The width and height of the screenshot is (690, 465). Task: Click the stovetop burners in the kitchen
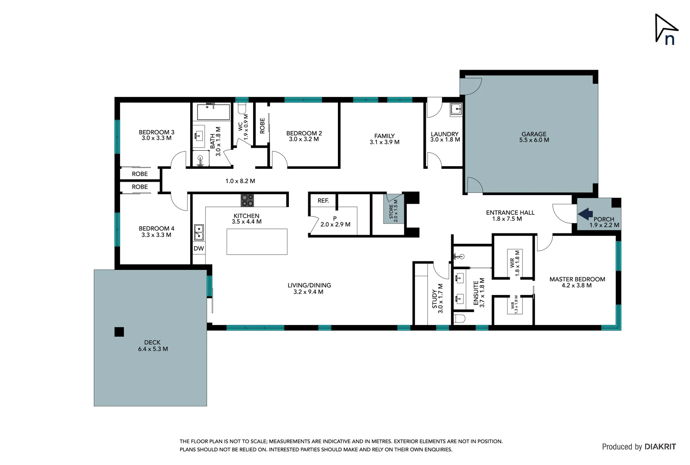tap(247, 200)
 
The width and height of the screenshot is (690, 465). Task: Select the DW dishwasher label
tap(198, 248)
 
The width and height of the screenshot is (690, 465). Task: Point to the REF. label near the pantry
tap(323, 201)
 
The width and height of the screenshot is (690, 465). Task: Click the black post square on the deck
tap(119, 332)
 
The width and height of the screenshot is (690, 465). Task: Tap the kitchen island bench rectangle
tap(257, 242)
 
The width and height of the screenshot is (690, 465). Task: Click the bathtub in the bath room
tap(213, 112)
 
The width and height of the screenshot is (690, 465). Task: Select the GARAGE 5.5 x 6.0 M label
tap(534, 137)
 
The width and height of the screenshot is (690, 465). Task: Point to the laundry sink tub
tap(456, 109)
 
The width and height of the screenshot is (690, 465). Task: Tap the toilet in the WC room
tap(242, 108)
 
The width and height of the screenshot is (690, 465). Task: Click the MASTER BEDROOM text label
tap(577, 279)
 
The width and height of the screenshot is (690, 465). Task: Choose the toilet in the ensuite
tap(459, 319)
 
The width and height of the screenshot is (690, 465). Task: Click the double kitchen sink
tap(199, 232)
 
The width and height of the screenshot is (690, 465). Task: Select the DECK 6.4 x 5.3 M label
tap(153, 346)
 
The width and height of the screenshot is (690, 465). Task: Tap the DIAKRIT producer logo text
tap(660, 447)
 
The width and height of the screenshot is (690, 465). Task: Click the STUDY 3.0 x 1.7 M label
tap(437, 298)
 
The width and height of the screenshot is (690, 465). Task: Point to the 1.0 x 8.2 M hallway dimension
tap(240, 181)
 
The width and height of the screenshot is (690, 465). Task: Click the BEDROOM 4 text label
tap(156, 229)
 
